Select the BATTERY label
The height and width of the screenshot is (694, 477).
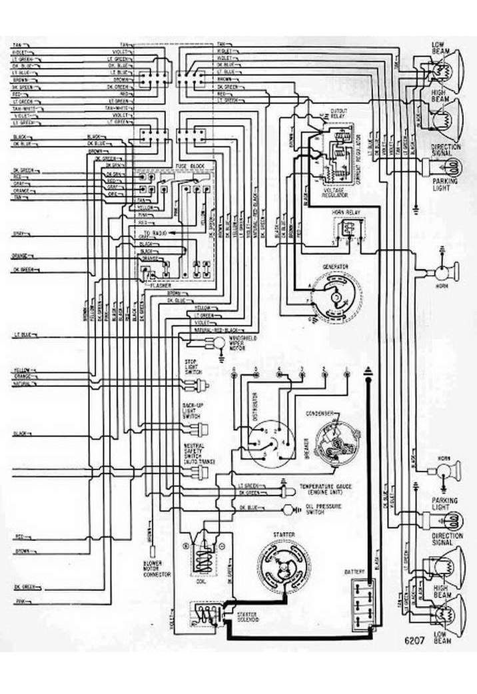[354, 572]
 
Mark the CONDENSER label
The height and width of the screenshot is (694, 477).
[320, 414]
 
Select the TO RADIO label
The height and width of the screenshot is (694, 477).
[160, 232]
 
